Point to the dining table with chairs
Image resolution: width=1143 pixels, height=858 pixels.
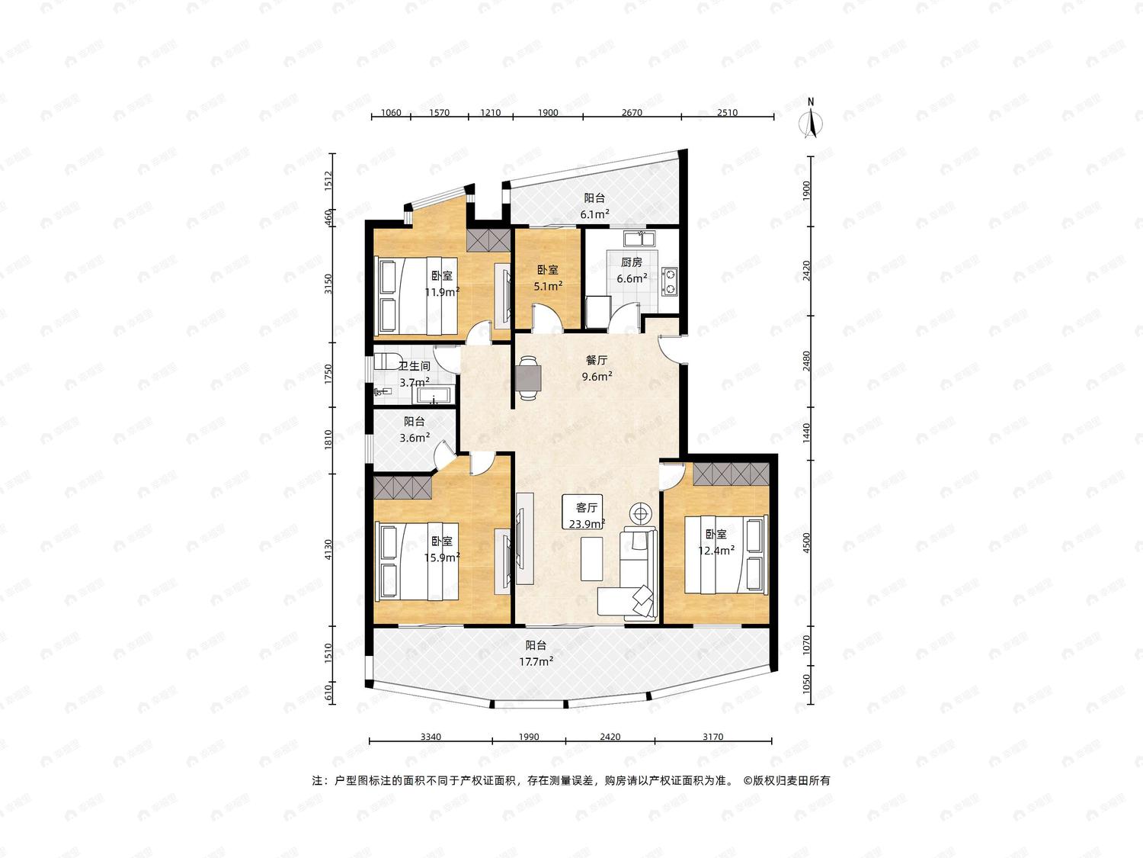click(x=528, y=378)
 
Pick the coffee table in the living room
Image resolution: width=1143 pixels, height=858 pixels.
click(x=591, y=559)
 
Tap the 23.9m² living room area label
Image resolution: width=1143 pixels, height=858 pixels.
click(x=587, y=523)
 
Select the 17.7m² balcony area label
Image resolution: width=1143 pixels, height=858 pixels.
click(x=536, y=661)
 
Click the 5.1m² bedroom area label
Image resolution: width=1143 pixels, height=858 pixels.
click(x=548, y=286)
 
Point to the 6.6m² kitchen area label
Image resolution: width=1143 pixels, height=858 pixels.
click(x=632, y=278)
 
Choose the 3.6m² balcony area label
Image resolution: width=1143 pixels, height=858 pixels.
click(x=415, y=438)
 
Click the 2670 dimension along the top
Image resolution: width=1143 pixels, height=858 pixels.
click(x=632, y=113)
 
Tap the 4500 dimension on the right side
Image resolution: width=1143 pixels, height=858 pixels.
click(x=807, y=542)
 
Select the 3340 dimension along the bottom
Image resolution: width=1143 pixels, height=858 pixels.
click(x=431, y=737)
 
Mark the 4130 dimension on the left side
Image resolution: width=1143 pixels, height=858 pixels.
click(x=328, y=550)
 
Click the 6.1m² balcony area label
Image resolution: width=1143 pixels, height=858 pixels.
click(x=594, y=214)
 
